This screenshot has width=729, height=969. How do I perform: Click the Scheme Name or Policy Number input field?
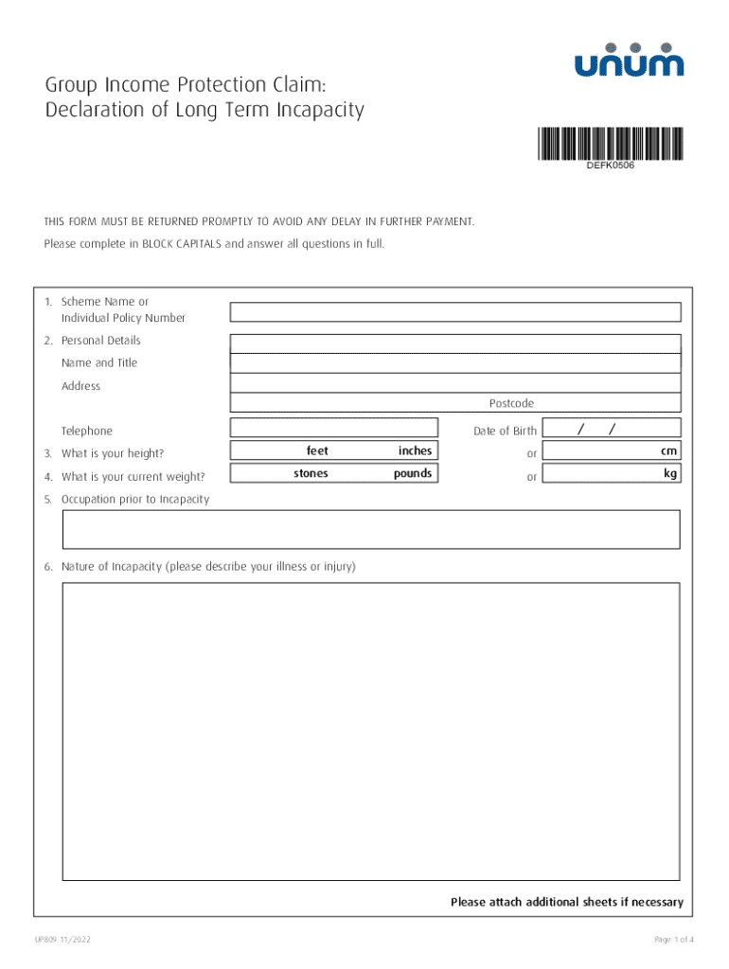(455, 312)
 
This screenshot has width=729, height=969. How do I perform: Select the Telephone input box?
(334, 428)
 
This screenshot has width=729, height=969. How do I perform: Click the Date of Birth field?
(613, 428)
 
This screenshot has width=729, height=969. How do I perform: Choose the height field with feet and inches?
(334, 451)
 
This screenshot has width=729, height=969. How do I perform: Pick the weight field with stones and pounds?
(334, 473)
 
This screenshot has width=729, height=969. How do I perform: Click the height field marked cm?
(613, 451)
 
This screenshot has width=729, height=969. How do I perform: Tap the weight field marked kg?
(613, 473)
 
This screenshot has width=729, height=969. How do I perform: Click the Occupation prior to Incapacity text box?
(371, 529)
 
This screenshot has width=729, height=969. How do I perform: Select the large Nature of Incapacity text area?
(371, 731)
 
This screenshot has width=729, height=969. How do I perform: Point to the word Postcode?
(511, 404)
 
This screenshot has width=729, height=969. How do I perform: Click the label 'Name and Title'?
(99, 363)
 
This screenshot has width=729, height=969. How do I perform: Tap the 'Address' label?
(80, 386)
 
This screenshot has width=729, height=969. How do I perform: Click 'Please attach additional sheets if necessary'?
(566, 902)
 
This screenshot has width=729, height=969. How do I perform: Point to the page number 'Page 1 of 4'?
(673, 940)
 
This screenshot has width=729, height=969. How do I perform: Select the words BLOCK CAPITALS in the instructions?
(182, 243)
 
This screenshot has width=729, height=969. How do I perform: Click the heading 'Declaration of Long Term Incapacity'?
(204, 111)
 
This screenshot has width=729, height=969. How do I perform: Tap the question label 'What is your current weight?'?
(133, 477)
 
